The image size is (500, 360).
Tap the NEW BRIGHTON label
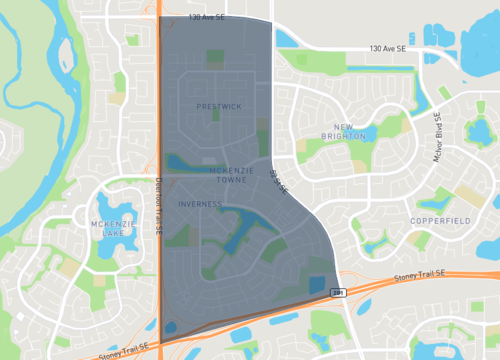tap(359, 131)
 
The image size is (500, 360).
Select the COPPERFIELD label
tap(439, 219)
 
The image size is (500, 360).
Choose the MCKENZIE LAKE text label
tap(107, 228)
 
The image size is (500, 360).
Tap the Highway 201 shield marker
tap(340, 291)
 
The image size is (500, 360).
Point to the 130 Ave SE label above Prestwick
tap(210, 17)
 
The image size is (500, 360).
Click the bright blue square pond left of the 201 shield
tap(317, 283)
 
